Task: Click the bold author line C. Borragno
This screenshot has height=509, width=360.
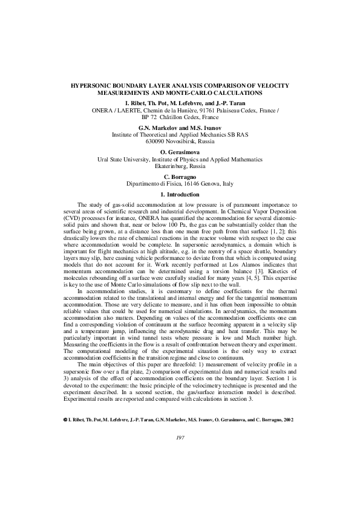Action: [x=180, y=176]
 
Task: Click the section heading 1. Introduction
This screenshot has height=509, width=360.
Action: [x=179, y=195]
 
